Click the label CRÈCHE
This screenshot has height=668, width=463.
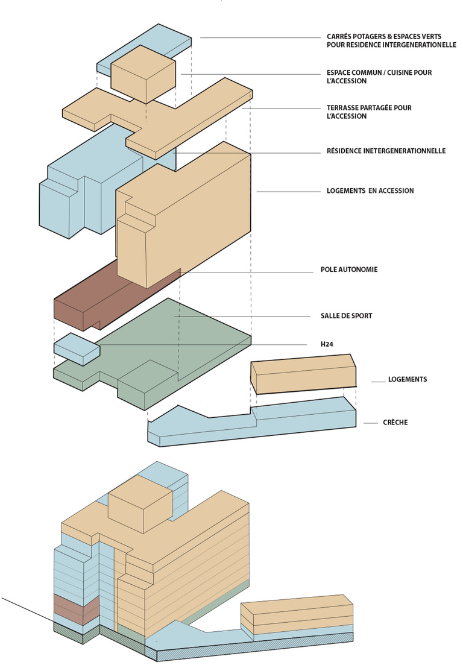pyautogui.click(x=395, y=423)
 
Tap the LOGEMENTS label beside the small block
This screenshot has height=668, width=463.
pyautogui.click(x=408, y=380)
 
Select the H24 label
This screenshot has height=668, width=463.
pyautogui.click(x=327, y=344)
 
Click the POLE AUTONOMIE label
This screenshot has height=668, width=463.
pyautogui.click(x=349, y=269)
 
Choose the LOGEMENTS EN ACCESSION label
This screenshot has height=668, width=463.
pyautogui.click(x=370, y=191)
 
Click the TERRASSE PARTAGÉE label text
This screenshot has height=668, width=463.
pyautogui.click(x=368, y=112)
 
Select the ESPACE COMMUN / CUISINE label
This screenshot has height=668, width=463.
pyautogui.click(x=379, y=77)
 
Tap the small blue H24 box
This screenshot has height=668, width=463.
pyautogui.click(x=77, y=348)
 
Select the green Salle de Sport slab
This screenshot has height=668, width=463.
pyautogui.click(x=181, y=344)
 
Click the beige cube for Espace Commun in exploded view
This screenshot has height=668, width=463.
pyautogui.click(x=143, y=77)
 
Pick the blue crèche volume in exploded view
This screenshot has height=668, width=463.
pyautogui.click(x=253, y=425)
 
